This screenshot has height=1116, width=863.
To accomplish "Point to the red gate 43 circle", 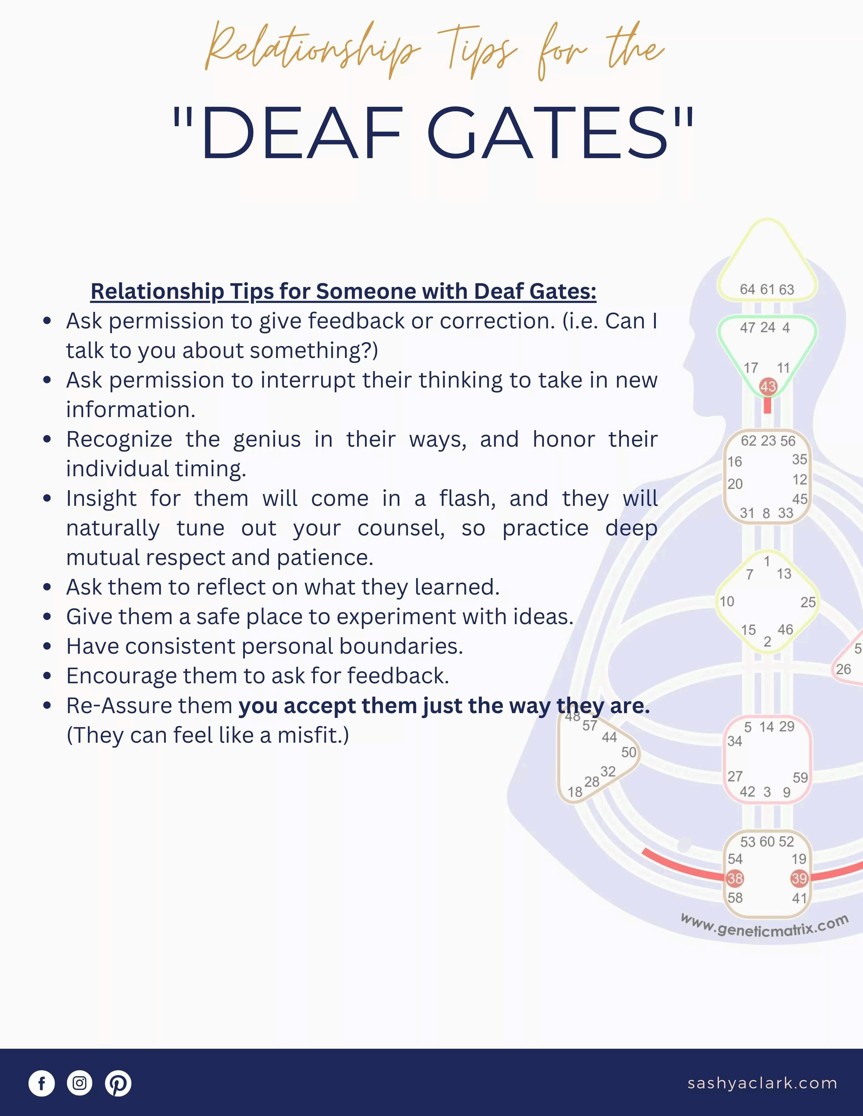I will (768, 387).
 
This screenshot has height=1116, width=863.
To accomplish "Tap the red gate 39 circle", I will (799, 878).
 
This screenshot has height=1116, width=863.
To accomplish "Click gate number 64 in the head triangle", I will (747, 289).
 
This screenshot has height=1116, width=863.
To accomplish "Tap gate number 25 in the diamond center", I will (808, 602).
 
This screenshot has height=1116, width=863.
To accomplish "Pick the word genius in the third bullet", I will (267, 439).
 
